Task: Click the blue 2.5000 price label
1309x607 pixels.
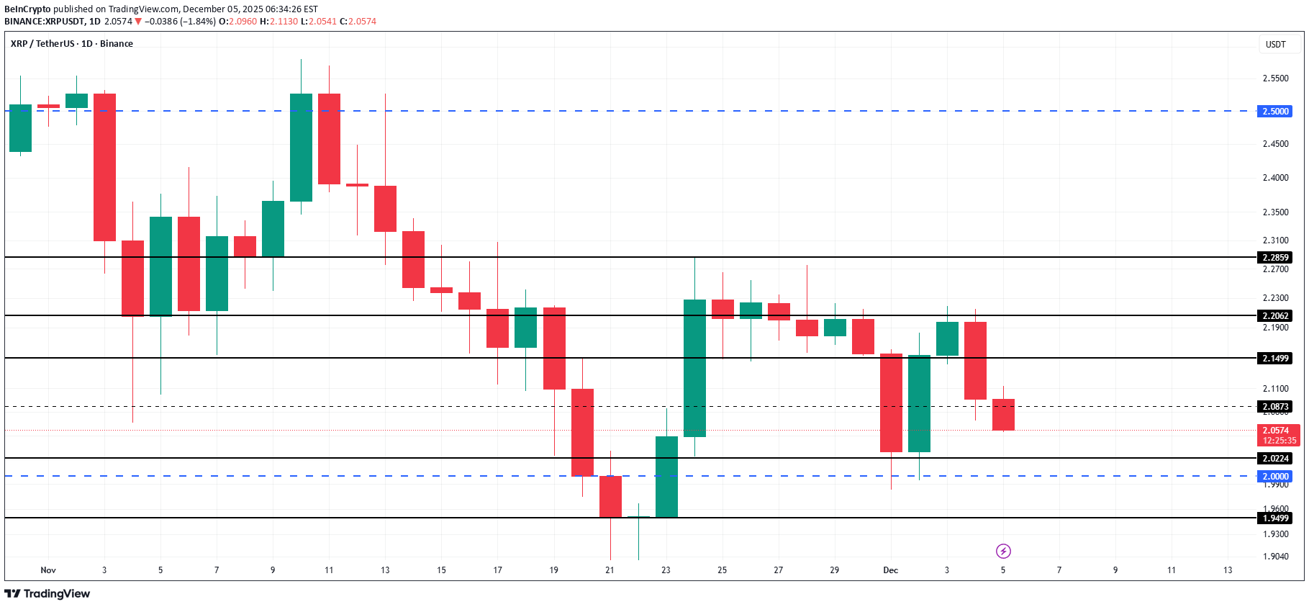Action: click(1274, 112)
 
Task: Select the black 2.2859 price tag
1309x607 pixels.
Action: click(1274, 258)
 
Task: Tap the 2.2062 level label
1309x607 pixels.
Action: click(1274, 316)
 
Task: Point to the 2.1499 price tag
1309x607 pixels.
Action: click(1274, 359)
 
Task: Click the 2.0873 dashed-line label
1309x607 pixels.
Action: click(1274, 407)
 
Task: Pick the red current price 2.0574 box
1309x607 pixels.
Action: click(1278, 435)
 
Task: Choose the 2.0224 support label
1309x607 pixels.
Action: click(1274, 459)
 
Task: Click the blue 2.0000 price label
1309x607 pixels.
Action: click(1274, 477)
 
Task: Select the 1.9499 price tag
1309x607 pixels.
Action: click(1274, 518)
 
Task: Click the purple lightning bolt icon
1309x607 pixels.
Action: click(1003, 552)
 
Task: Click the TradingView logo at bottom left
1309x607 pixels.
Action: click(47, 593)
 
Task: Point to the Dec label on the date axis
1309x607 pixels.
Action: click(890, 570)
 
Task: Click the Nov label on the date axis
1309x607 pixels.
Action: click(48, 570)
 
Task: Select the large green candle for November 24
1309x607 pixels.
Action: click(694, 368)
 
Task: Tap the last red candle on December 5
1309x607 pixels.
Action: click(1003, 415)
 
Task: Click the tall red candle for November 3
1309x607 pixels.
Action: click(104, 167)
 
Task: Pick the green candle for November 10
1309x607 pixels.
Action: click(301, 148)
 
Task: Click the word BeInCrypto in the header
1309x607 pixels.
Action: click(27, 9)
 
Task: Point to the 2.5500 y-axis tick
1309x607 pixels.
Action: click(1275, 78)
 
